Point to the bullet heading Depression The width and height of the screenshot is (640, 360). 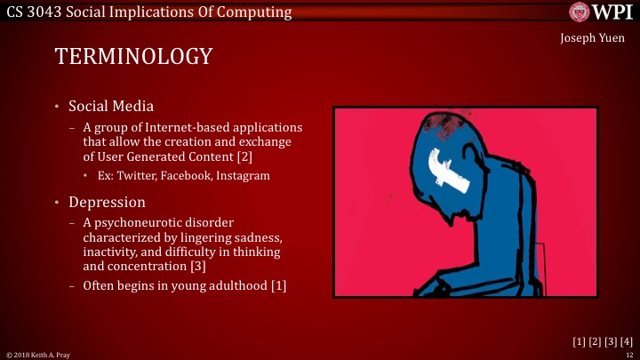[x=107, y=202]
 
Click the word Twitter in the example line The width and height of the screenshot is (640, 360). [x=136, y=176]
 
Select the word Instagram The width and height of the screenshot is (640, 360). [x=241, y=176]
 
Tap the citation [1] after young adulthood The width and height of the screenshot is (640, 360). [x=276, y=285]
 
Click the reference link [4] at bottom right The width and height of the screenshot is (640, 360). [x=626, y=341]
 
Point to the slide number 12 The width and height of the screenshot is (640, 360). [x=629, y=354]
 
